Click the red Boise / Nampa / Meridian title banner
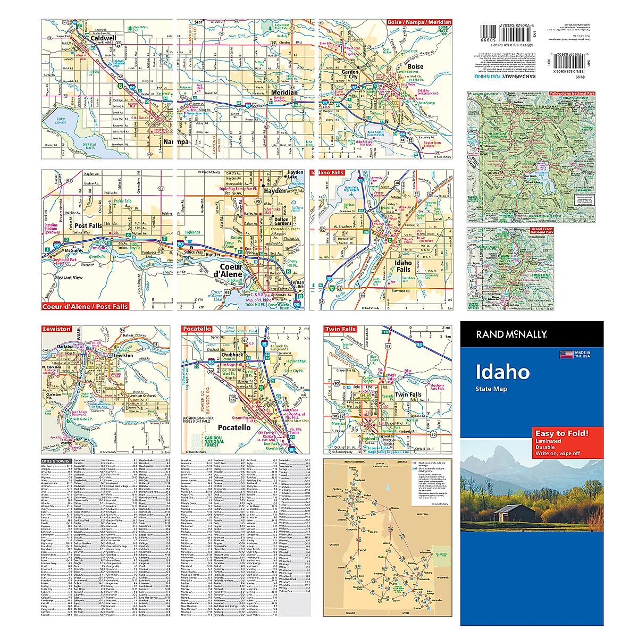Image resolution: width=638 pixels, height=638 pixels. point(419,23)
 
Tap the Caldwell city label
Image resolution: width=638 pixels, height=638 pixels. point(103,38)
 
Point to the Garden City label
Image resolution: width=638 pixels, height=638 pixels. point(350,74)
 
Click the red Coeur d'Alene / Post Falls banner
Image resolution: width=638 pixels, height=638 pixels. point(85,306)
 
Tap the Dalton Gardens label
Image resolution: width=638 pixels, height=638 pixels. point(282,221)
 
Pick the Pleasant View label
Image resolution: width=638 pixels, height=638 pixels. point(69,278)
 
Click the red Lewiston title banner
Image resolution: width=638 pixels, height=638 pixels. point(56,329)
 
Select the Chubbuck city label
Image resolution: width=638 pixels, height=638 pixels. point(232,355)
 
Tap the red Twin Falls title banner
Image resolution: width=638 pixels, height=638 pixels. point(340,329)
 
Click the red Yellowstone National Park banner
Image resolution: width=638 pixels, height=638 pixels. point(572,94)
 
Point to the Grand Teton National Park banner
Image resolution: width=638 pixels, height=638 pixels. point(542,230)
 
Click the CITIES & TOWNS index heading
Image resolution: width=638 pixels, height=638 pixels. point(56,461)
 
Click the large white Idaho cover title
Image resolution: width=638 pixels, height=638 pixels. point(502,372)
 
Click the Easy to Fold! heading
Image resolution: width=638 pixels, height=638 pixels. point(561,433)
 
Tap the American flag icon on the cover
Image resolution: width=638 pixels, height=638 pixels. point(566,355)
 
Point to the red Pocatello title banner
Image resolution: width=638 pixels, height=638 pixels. point(197,329)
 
